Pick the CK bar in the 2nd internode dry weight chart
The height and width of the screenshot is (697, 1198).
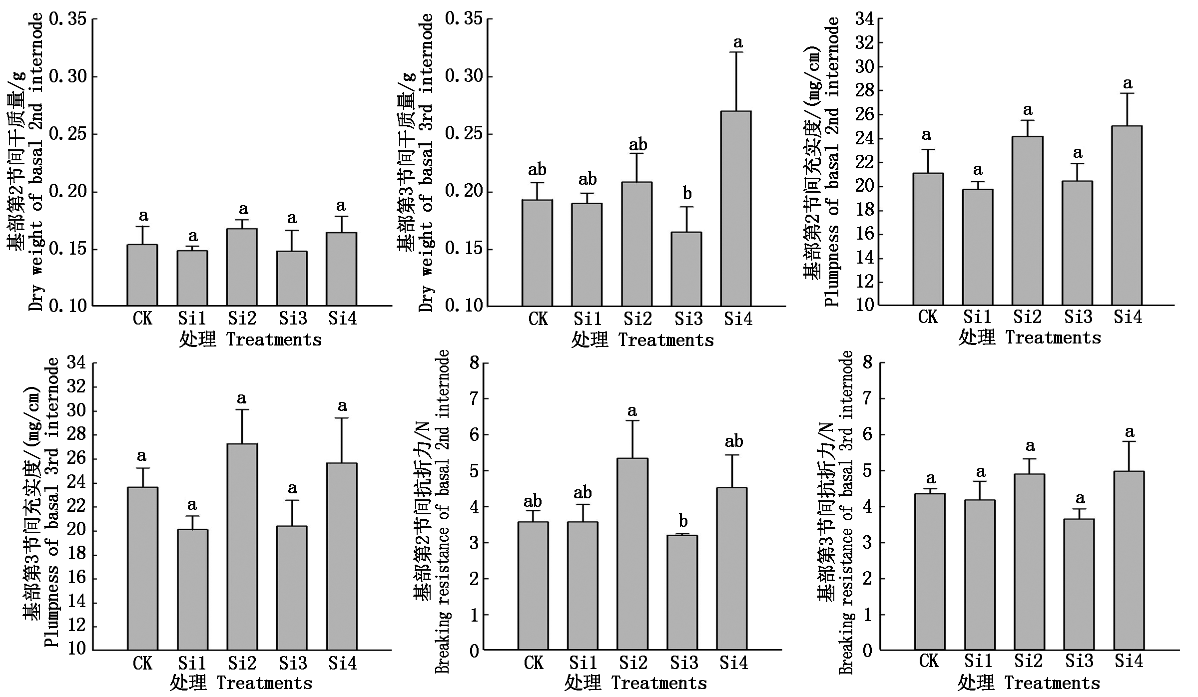point(142,275)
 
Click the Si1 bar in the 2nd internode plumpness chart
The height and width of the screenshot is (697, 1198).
point(978,247)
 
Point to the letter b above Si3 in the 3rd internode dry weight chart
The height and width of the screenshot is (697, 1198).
point(687,194)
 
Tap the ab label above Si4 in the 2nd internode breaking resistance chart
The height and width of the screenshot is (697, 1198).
point(733,441)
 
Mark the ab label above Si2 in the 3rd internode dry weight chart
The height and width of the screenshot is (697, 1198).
point(637,145)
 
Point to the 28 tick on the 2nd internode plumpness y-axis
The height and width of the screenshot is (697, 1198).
point(864,91)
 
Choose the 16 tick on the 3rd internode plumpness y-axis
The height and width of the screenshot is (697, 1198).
point(75,578)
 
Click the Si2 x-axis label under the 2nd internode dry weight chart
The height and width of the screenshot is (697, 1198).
point(242,318)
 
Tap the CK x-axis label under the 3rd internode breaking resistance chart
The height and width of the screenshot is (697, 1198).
point(929,661)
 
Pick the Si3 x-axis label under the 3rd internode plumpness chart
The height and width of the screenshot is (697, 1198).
point(293,664)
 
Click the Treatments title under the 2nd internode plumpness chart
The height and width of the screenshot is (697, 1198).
point(1053,338)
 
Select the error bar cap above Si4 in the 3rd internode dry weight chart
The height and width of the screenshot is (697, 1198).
point(736,52)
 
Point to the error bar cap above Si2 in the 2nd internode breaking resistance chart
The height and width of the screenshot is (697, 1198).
point(632,421)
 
